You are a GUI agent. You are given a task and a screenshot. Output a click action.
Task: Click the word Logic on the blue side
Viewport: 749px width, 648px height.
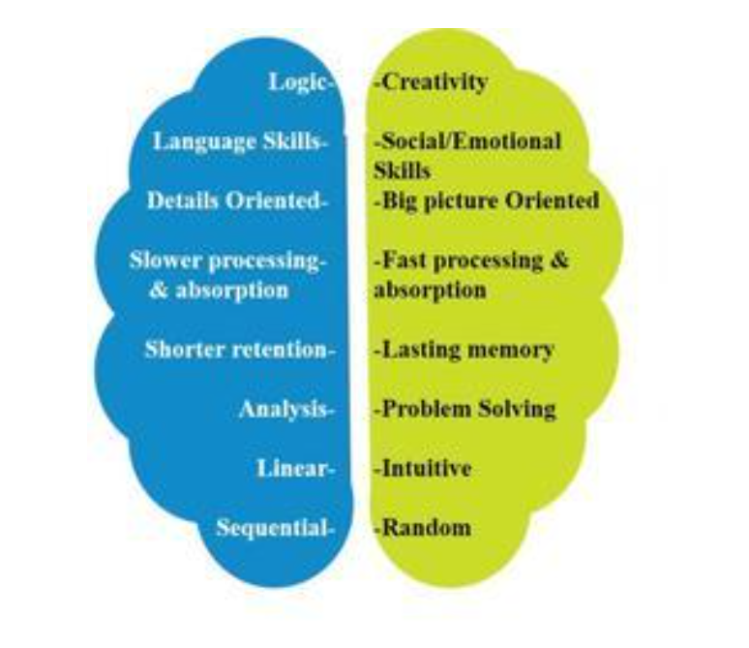[x=296, y=82]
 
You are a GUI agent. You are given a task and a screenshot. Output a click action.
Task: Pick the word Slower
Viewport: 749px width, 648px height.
[x=165, y=261]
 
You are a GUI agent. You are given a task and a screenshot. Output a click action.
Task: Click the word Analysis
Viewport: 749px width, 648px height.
[x=284, y=410]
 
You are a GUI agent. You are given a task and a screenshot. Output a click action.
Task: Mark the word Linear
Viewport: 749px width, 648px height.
[x=292, y=469]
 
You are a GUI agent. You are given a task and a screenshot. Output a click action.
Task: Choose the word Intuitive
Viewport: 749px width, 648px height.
[x=427, y=469]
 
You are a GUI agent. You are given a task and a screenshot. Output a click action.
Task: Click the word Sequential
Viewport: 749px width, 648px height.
[x=272, y=528]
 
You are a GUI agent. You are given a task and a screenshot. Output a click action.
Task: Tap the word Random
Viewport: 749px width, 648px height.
[x=427, y=528]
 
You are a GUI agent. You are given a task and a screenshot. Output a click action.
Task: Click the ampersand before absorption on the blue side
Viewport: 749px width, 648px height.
[x=158, y=291]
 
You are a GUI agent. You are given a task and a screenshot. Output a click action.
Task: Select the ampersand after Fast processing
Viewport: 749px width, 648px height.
[x=558, y=261]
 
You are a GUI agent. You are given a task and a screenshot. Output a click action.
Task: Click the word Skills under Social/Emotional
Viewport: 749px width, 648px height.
[x=403, y=171]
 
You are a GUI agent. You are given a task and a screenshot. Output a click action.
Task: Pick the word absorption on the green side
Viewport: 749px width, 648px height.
[x=430, y=291]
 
